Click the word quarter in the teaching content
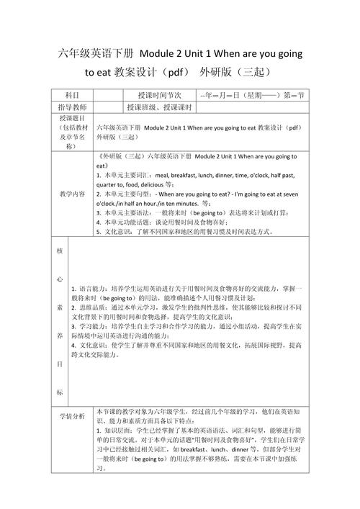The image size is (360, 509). [109, 184]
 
